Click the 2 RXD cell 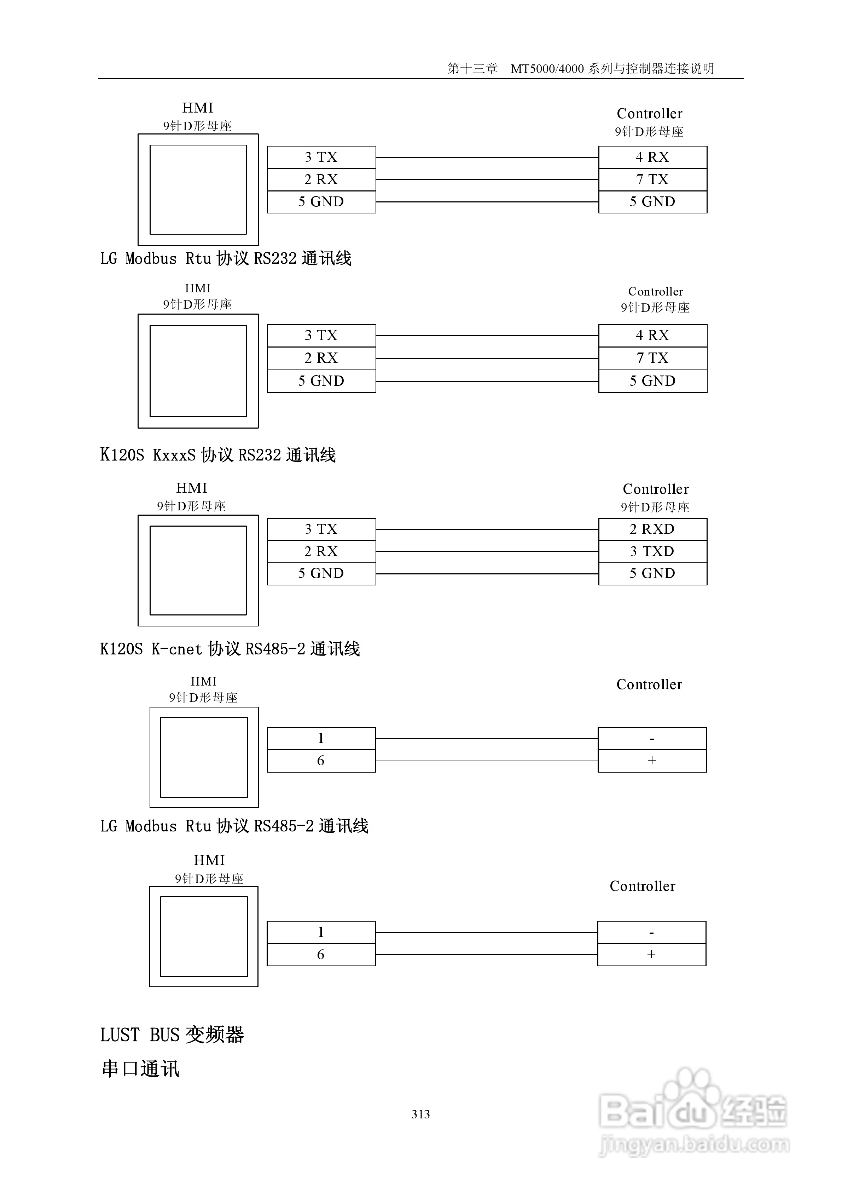tap(652, 529)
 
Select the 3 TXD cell tap(652, 551)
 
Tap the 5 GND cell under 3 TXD tap(652, 574)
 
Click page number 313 tap(420, 1114)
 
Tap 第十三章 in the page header tap(472, 69)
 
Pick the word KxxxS tap(174, 455)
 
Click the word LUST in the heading tap(120, 1035)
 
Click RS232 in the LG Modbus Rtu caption tap(275, 259)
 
